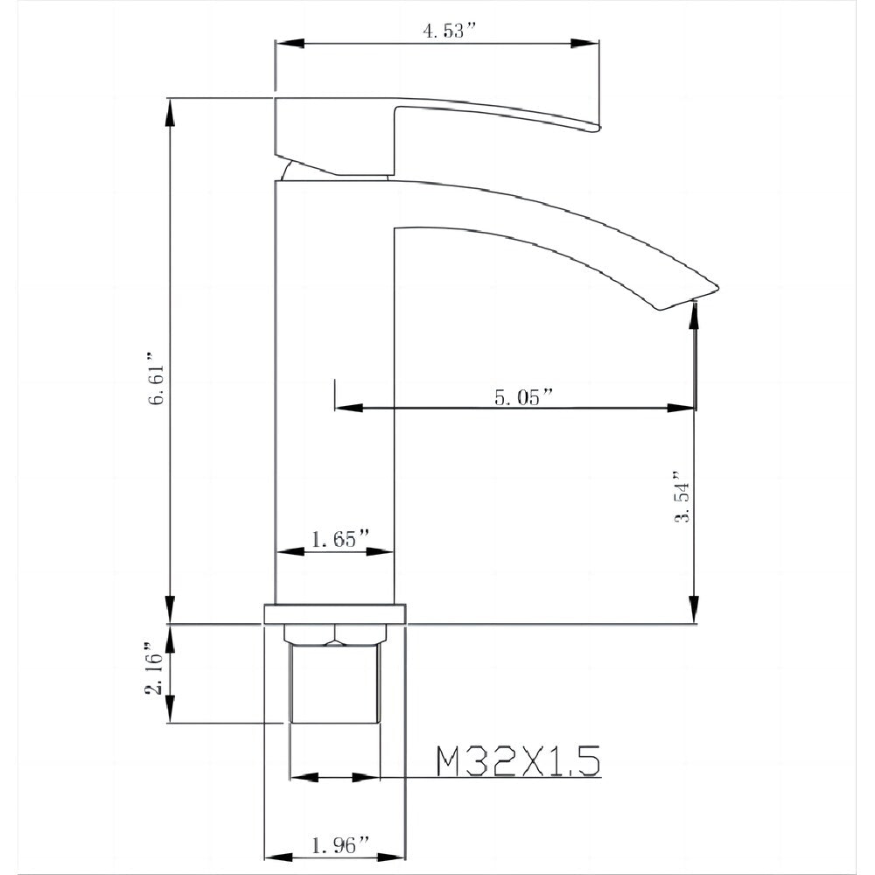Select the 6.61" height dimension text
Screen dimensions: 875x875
point(157,379)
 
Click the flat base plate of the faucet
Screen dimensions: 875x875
point(335,613)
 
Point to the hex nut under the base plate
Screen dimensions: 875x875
point(335,633)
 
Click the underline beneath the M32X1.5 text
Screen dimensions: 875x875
point(516,777)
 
